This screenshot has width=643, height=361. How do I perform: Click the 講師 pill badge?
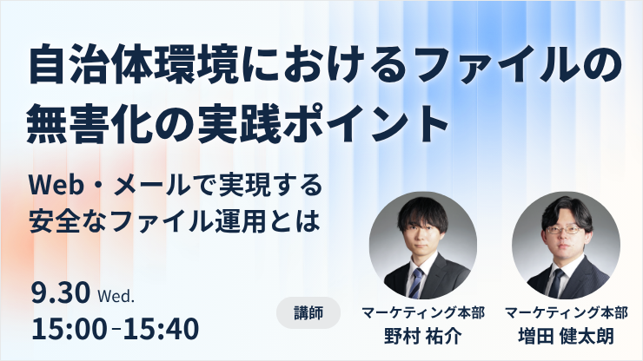[x=308, y=312]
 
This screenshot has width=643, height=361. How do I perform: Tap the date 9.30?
[x=61, y=292]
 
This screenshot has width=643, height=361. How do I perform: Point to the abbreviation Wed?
[x=116, y=296]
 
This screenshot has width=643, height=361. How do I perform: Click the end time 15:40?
[x=161, y=329]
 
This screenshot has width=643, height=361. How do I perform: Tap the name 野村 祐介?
[x=423, y=336]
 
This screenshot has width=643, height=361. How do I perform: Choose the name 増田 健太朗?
[x=567, y=336]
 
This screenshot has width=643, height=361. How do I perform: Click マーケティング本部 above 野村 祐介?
[x=423, y=312]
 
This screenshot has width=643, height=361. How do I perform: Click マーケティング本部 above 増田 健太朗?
[x=567, y=312]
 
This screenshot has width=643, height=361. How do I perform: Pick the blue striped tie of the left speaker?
[x=416, y=282]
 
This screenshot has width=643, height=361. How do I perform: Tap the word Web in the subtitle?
[x=56, y=186]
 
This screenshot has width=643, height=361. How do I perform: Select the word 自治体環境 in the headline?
[x=133, y=67]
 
